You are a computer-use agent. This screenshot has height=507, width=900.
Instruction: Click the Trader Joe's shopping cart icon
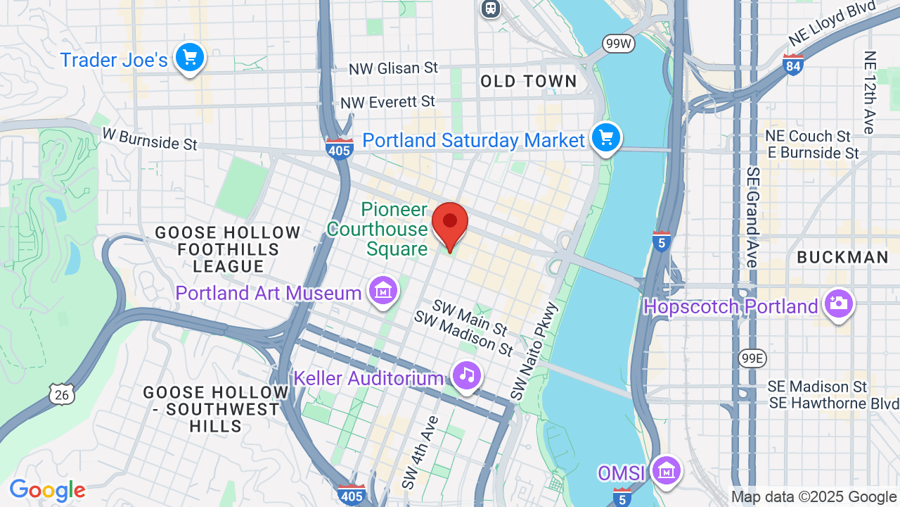click(189, 58)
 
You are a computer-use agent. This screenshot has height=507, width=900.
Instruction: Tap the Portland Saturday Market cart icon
click(605, 138)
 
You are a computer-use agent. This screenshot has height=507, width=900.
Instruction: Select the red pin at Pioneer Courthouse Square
click(450, 223)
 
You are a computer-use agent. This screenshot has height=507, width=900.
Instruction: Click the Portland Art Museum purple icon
click(383, 291)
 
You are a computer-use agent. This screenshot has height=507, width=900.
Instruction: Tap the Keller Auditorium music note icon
click(466, 376)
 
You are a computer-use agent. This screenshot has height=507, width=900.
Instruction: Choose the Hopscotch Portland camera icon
click(838, 304)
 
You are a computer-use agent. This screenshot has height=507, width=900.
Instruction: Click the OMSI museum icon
click(665, 470)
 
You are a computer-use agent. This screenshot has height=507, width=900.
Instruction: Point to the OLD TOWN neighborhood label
click(529, 82)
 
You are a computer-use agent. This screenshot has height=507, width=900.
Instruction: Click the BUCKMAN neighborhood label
click(843, 258)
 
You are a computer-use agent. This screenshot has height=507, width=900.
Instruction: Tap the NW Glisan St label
click(393, 68)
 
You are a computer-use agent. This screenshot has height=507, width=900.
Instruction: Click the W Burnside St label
click(150, 139)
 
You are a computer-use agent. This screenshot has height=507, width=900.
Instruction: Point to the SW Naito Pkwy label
click(534, 352)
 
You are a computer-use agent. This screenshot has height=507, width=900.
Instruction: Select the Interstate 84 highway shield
click(792, 65)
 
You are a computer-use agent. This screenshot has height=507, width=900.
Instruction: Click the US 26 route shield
click(62, 394)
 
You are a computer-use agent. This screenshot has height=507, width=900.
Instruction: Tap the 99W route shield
click(619, 44)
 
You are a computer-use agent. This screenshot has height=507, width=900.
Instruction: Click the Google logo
click(47, 490)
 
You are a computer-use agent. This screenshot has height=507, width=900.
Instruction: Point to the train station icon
click(490, 8)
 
